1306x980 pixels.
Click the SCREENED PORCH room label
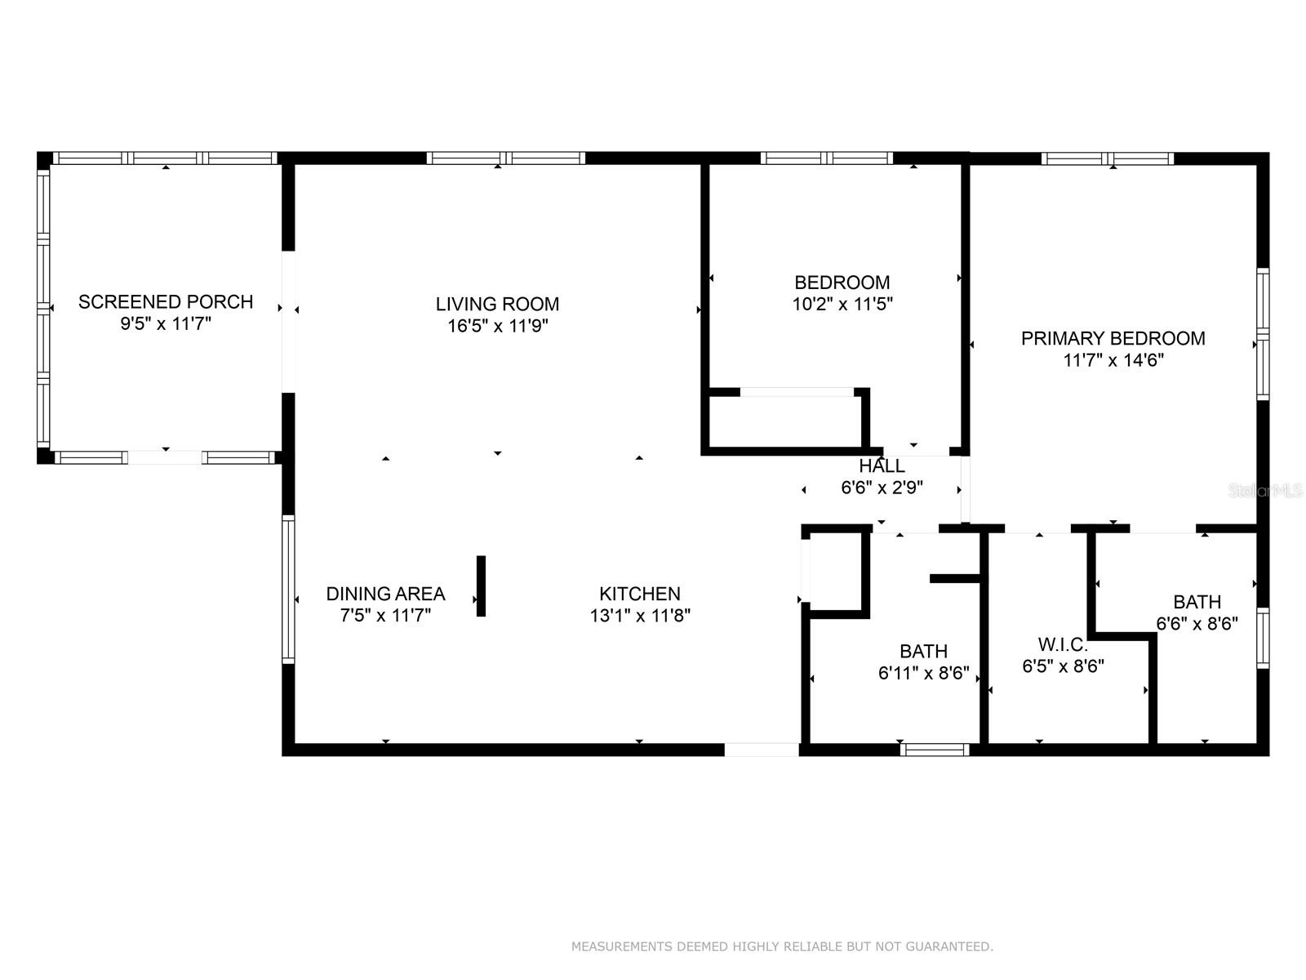166,301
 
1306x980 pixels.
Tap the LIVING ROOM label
497,304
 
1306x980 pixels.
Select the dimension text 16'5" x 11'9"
497,326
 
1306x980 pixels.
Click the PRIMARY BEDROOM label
1113,338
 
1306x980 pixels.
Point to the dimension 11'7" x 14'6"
1113,360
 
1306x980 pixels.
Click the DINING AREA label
385,594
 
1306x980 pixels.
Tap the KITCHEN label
639,594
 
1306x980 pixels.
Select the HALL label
882,466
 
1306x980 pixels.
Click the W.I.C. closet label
1063,644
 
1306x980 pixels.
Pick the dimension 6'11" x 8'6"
923,673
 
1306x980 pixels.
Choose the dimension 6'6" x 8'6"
1197,623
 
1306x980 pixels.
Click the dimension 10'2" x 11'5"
842,305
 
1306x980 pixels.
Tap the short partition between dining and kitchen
481,586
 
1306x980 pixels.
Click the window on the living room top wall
505,158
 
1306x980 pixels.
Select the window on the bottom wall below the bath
935,749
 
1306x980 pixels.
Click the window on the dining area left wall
288,588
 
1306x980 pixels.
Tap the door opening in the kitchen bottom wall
762,750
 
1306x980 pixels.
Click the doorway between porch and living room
288,321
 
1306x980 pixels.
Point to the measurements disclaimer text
781,947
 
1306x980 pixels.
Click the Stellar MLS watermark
1265,491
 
